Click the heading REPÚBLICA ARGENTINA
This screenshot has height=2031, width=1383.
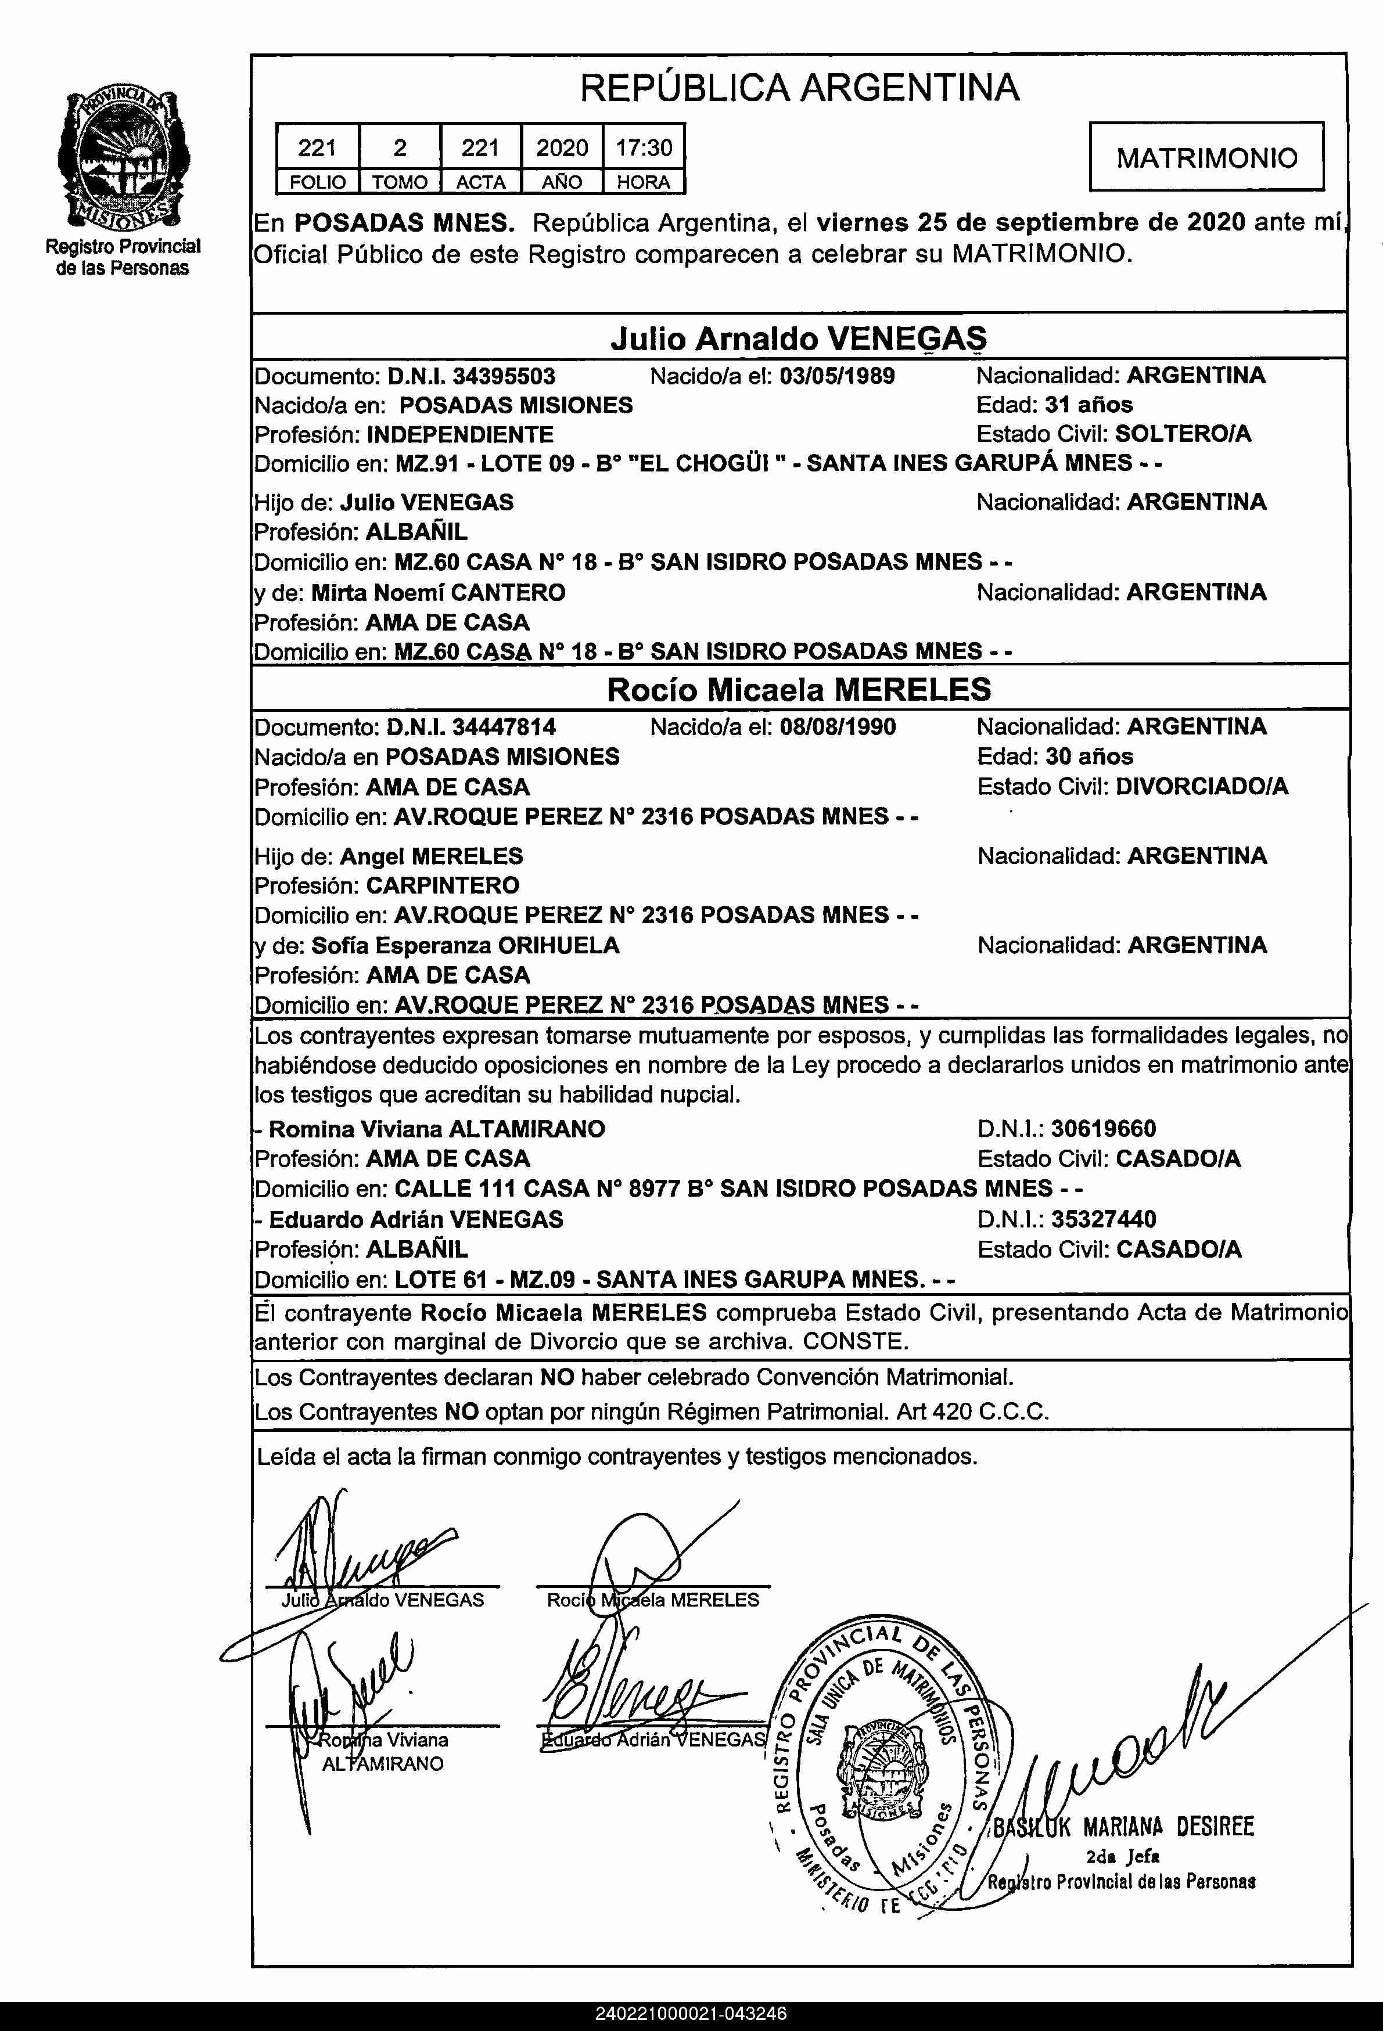pyautogui.click(x=799, y=88)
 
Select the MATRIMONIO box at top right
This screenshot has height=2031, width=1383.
pyautogui.click(x=1206, y=158)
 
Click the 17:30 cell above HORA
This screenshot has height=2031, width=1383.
pyautogui.click(x=644, y=147)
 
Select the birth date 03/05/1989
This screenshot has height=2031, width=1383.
pyautogui.click(x=836, y=377)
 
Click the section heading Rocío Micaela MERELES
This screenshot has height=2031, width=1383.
pyautogui.click(x=799, y=690)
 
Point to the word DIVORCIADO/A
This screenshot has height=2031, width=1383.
pyautogui.click(x=1202, y=787)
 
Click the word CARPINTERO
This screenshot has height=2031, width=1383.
pyautogui.click(x=443, y=885)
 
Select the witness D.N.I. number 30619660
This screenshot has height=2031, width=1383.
pyautogui.click(x=1103, y=1129)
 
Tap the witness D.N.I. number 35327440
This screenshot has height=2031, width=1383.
pyautogui.click(x=1103, y=1219)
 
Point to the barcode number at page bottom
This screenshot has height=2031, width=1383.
pyautogui.click(x=691, y=2014)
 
